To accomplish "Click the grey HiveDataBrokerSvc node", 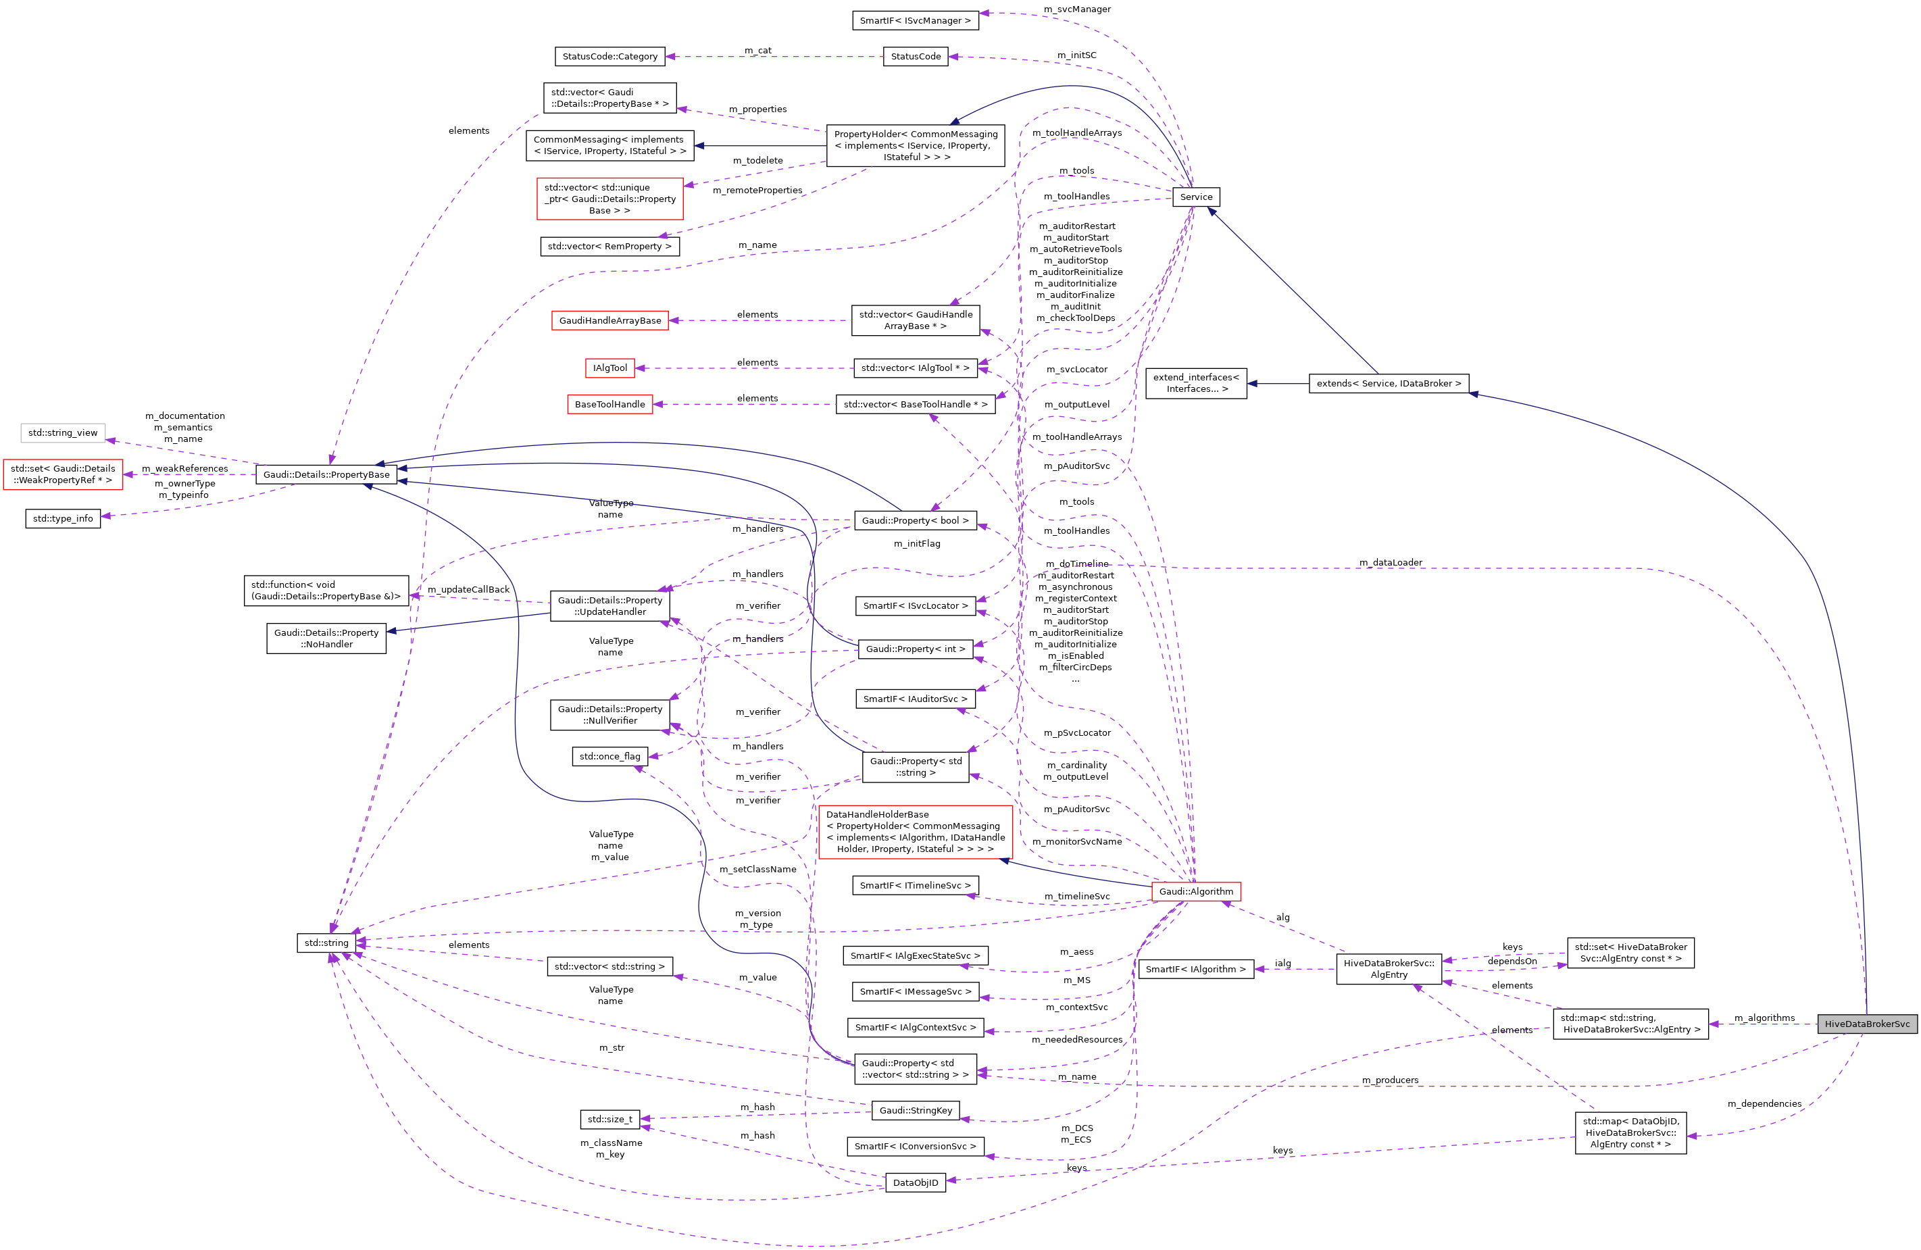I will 1867,1024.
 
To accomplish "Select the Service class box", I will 1195,197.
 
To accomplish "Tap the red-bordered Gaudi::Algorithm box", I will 1195,891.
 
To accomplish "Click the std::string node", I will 326,943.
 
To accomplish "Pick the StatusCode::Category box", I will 609,57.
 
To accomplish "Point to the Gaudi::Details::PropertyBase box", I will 326,474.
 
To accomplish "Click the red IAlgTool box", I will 609,368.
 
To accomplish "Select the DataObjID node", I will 916,1182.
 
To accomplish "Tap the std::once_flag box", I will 609,756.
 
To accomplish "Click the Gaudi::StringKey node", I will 916,1110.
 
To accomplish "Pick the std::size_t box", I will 609,1120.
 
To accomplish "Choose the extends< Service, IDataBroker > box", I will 1389,383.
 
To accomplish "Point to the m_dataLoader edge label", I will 1390,562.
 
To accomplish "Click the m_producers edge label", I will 1390,1080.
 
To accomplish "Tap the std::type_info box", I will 63,518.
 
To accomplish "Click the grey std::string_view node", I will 63,432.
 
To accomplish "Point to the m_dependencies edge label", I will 1764,1103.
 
